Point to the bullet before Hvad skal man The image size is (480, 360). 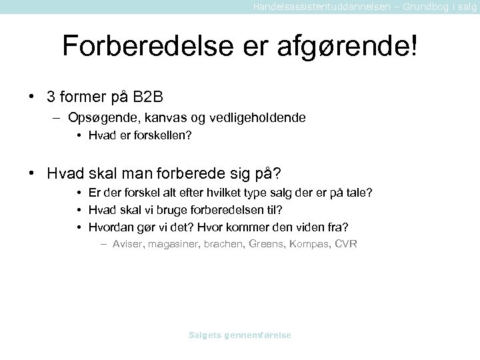[x=31, y=174]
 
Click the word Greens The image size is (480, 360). [x=265, y=244]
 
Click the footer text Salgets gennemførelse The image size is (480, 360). [x=240, y=335]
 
